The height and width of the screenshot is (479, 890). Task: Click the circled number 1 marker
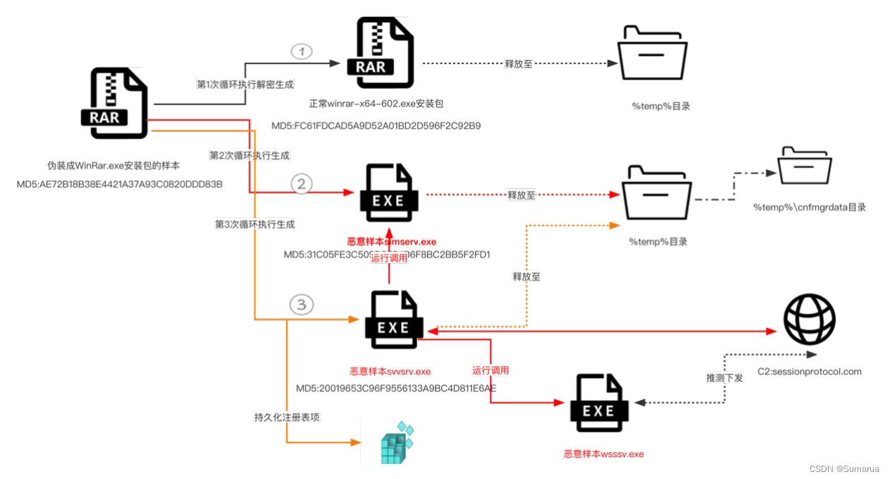pos(301,51)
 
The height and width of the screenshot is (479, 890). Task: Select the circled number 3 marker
pos(301,305)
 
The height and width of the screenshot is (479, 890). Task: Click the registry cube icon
pos(396,443)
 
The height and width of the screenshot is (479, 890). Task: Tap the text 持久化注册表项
pos(287,417)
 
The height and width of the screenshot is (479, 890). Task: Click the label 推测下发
pos(724,377)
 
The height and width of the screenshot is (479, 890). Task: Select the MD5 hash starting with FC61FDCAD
pos(376,126)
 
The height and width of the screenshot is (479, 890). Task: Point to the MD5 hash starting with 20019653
pos(395,388)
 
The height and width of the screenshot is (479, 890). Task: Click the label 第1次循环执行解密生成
pos(236,84)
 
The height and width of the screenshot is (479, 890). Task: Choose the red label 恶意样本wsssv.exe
pos(603,454)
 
